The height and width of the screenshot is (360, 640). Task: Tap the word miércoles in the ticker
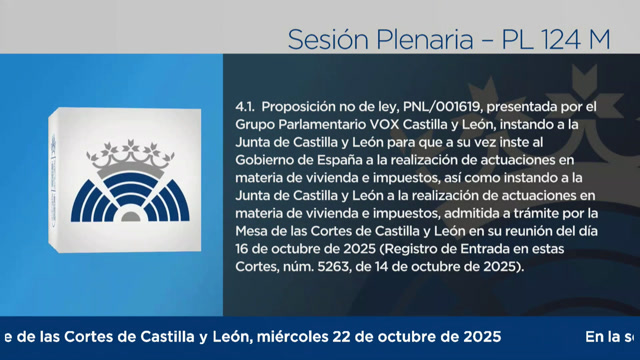pos(326,336)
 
